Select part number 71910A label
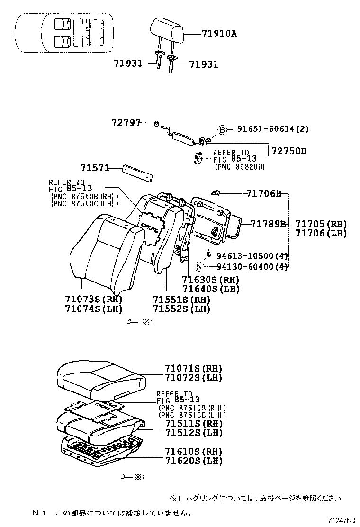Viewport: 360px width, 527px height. (x=219, y=34)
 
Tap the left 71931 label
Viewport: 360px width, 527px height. (x=127, y=63)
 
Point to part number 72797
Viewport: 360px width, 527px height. (x=126, y=123)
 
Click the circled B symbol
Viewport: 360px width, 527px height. (x=222, y=129)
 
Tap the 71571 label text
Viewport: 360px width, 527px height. (x=94, y=168)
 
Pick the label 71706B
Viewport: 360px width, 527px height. (x=264, y=193)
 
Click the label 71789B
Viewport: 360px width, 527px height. (x=268, y=224)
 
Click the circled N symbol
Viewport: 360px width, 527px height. (x=199, y=267)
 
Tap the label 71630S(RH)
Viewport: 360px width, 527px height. (x=210, y=280)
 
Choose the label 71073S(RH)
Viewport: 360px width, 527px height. (x=93, y=299)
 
